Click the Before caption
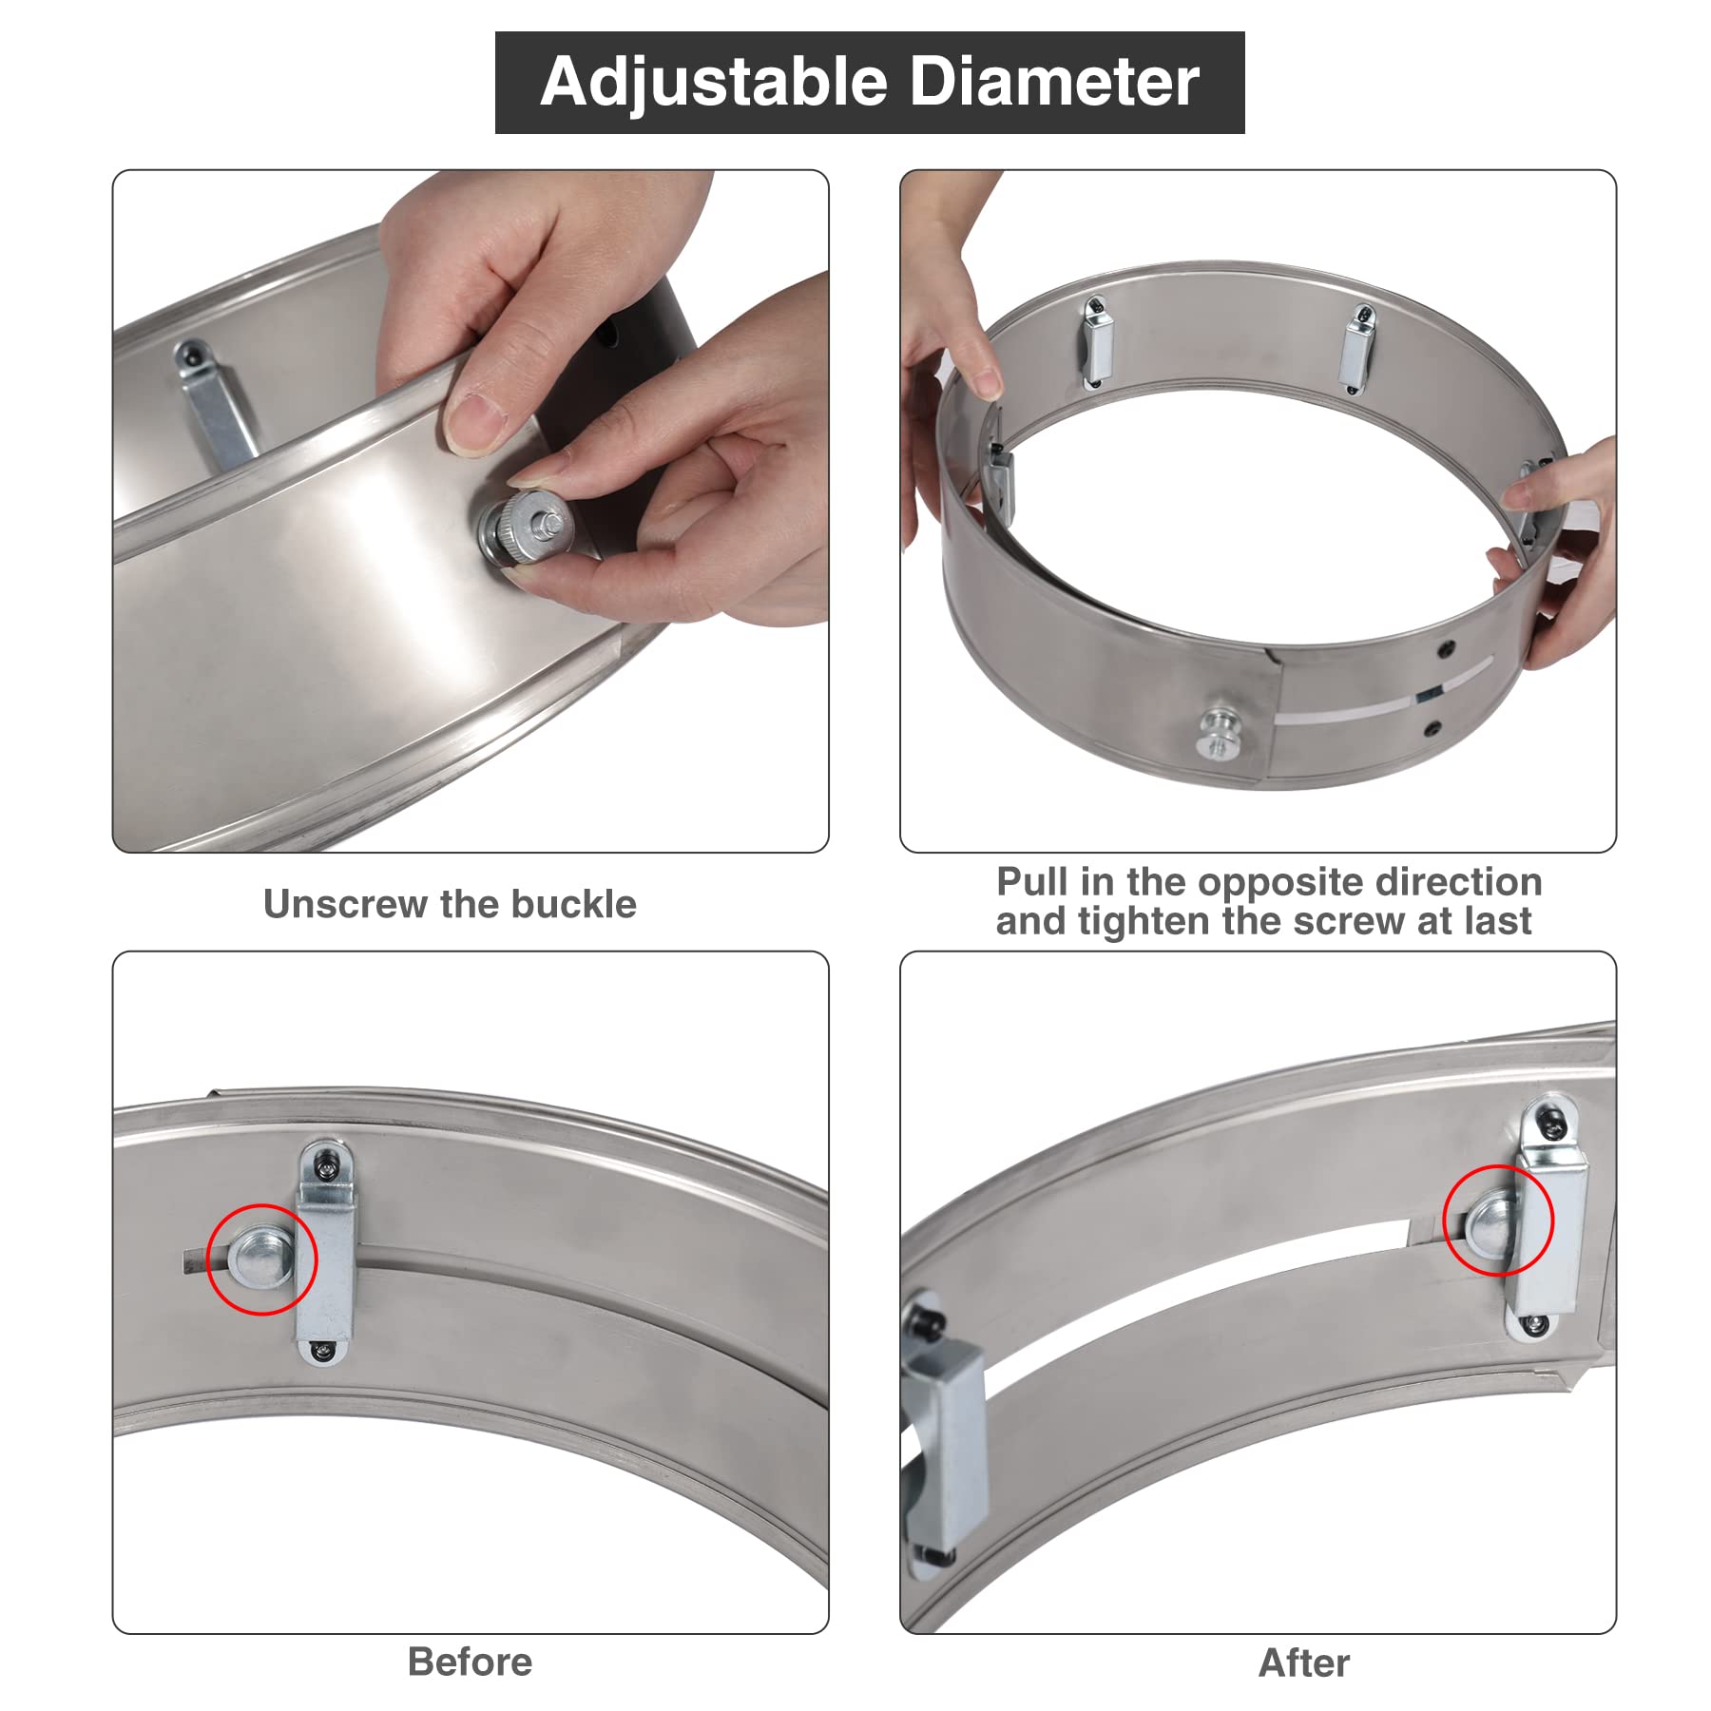coord(470,1662)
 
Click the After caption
coord(1303,1663)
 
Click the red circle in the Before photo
coord(261,1259)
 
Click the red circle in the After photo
coord(1497,1220)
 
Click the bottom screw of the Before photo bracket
coord(322,1349)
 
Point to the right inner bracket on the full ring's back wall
coord(1356,349)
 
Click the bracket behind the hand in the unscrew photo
coord(213,404)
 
